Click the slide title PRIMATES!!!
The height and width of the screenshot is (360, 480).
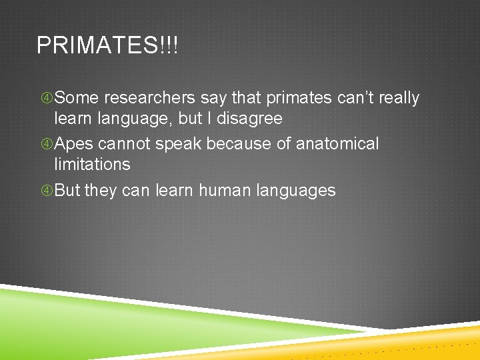tap(107, 46)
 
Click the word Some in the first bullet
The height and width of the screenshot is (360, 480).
tap(75, 98)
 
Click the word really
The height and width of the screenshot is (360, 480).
tap(399, 98)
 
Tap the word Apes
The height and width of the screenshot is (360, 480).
tap(74, 144)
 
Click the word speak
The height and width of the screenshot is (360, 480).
tap(180, 145)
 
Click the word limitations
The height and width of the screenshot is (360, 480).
tap(92, 164)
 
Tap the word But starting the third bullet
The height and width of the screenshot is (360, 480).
tap(67, 190)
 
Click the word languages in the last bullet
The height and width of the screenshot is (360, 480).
tap(299, 191)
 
